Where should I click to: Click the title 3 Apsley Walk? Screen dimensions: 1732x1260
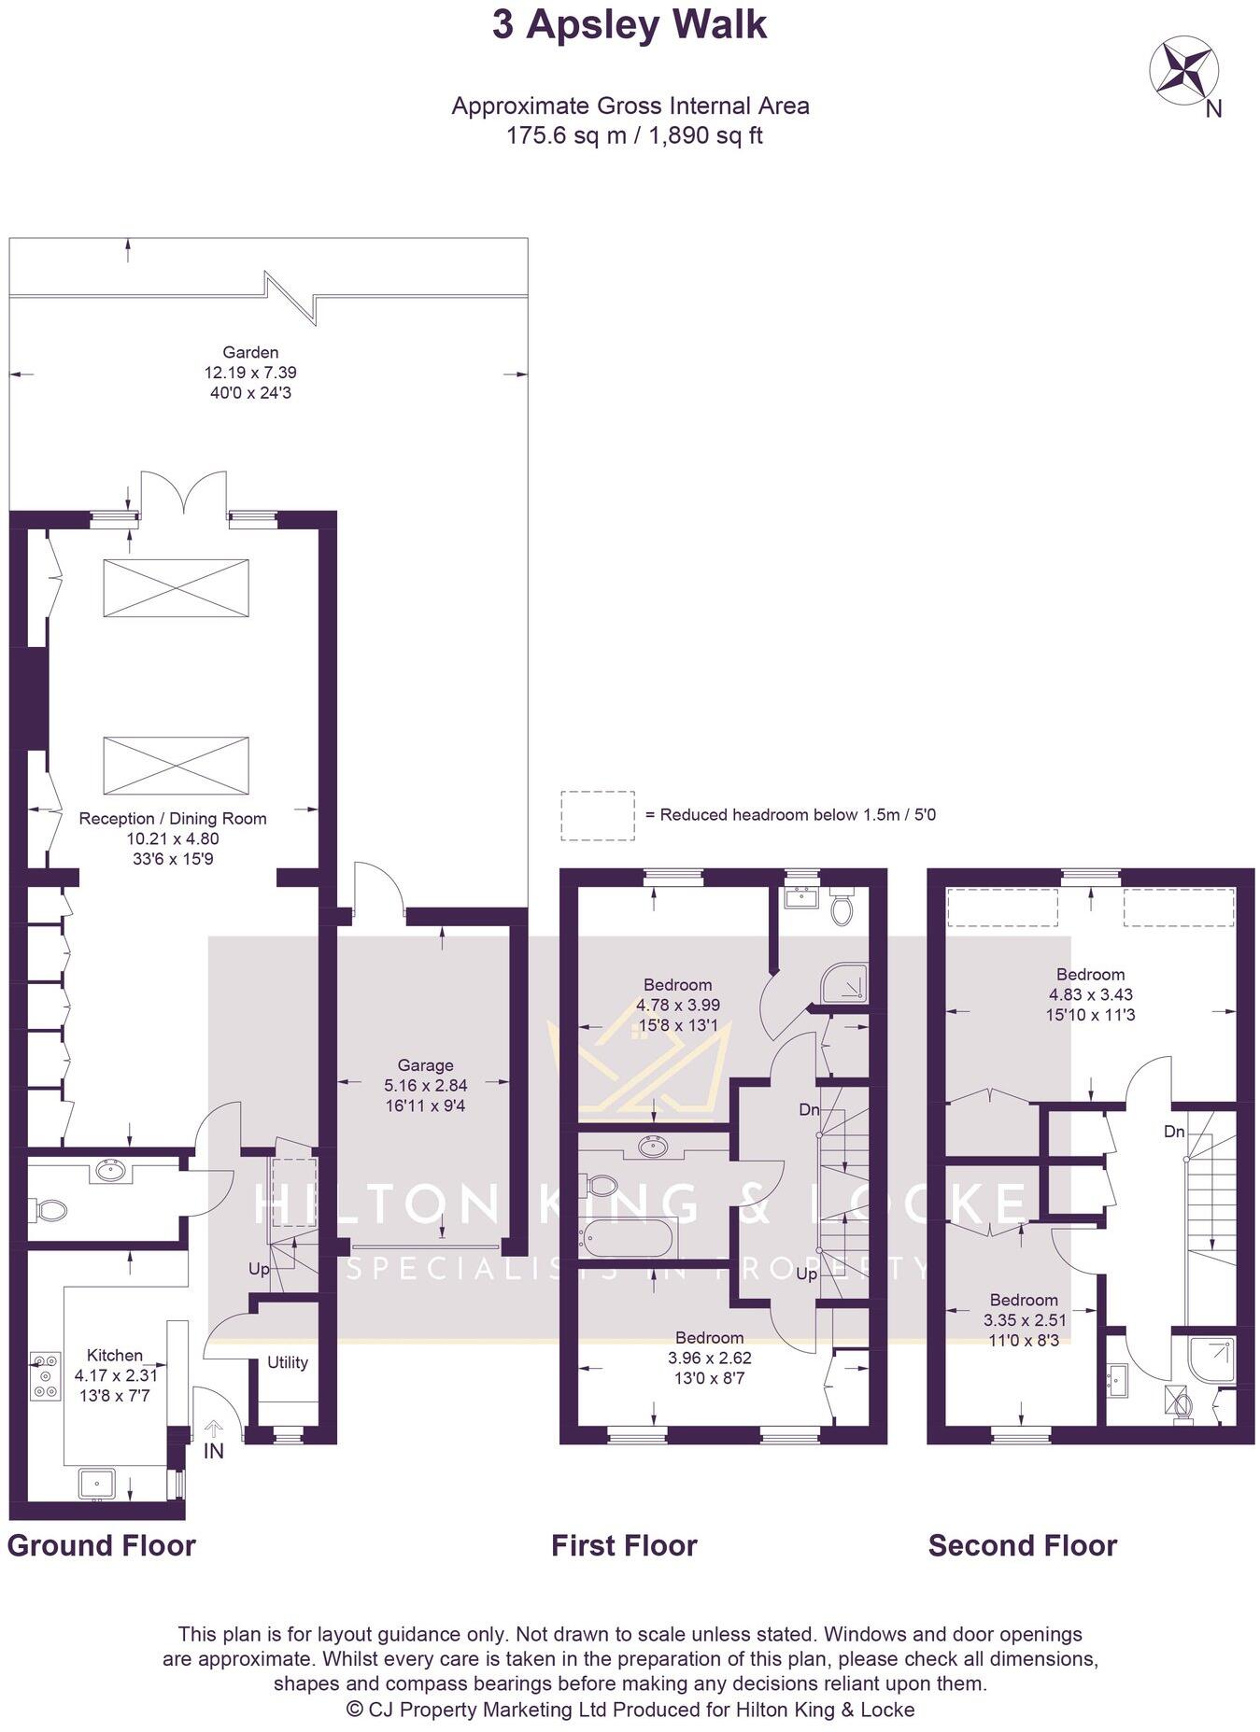coord(630,25)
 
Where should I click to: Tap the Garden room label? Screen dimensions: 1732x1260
coord(250,352)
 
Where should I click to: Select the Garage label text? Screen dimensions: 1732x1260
coord(425,1065)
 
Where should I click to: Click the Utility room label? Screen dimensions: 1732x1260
coord(287,1362)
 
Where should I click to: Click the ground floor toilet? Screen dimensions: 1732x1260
coord(51,1211)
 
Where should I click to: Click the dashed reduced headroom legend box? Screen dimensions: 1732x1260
coord(597,815)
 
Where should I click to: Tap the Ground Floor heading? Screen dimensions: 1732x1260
coord(101,1545)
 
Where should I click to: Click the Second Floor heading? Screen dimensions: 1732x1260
coord(1022,1545)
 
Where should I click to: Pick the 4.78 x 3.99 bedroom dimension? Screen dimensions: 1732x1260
coord(677,1006)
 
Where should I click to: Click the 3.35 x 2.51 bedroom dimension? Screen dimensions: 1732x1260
coord(1024,1320)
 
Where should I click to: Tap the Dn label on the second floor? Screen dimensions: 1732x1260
coord(1174,1132)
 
